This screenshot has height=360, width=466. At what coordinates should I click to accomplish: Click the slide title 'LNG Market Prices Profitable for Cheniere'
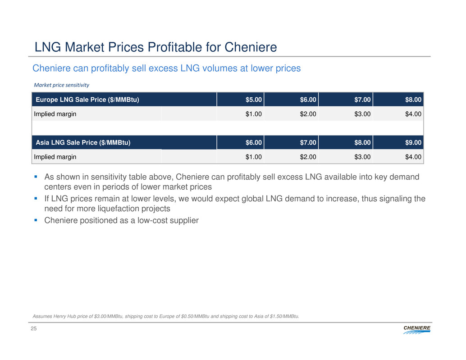155,47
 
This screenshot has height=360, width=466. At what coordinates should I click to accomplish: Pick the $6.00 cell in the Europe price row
309,100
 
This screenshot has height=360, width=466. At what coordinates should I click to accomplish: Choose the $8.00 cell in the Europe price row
413,100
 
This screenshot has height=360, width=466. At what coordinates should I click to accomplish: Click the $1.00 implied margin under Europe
254,114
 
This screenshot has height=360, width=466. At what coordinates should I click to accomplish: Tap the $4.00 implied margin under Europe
413,114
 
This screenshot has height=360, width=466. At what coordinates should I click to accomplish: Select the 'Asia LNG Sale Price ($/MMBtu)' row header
83,143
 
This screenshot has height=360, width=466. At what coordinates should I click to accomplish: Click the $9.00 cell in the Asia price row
413,143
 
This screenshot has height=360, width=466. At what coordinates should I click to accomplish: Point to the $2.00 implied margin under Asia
309,157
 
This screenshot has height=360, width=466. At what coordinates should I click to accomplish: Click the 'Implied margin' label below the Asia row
55,157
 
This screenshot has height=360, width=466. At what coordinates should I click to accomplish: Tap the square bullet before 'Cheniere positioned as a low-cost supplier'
37,220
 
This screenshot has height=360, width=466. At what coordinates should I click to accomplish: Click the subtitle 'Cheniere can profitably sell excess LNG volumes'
166,68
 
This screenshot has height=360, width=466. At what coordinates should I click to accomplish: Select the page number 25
34,330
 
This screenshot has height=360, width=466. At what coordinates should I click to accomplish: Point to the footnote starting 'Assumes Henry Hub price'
166,316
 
